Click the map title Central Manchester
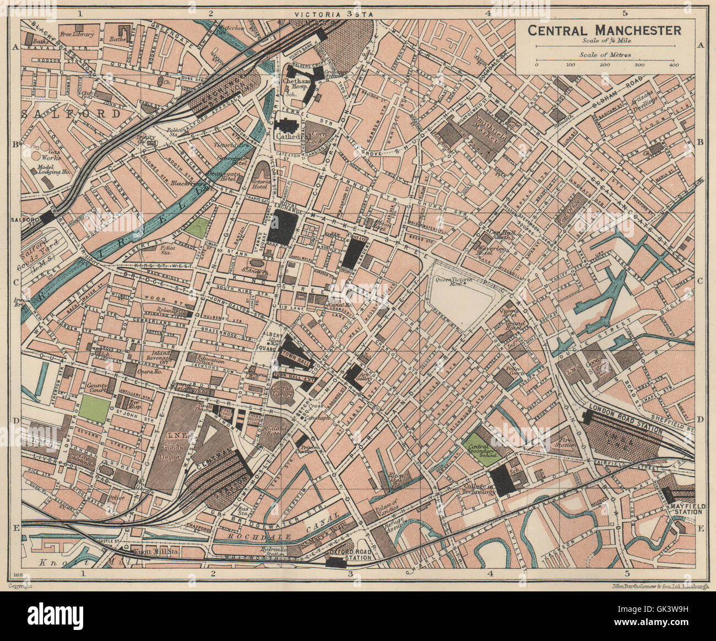pos(605,30)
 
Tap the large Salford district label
pos(72,114)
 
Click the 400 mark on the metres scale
pos(673,66)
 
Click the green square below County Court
pos(94,409)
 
